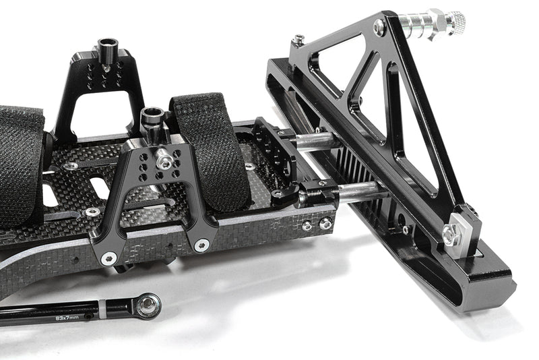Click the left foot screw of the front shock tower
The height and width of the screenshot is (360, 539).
tap(108, 258)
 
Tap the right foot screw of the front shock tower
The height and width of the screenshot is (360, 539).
tap(201, 245)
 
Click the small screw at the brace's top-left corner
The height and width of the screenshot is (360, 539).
tap(297, 41)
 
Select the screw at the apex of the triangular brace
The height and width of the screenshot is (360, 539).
tap(380, 28)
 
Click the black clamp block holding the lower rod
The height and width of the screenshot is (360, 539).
tap(318, 195)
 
